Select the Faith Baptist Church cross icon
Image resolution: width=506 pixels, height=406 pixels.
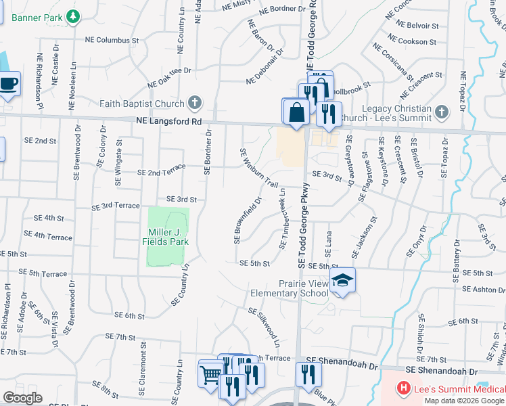(x=195, y=104)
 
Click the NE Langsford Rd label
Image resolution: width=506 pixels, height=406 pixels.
(x=168, y=122)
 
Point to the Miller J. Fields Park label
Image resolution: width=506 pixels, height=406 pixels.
(x=168, y=237)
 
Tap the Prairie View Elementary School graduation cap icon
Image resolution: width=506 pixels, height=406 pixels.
(x=343, y=282)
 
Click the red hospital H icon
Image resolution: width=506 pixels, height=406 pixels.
(x=404, y=388)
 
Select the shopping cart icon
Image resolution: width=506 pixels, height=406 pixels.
(x=210, y=374)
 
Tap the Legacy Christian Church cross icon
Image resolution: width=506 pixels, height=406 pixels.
(x=442, y=112)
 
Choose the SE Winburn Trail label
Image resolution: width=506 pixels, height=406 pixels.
(x=260, y=169)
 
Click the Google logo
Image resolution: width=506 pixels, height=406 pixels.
(x=22, y=398)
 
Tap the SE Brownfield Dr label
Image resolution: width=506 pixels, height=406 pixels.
(x=248, y=220)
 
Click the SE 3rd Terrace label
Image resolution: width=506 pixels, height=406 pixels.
(x=116, y=206)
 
